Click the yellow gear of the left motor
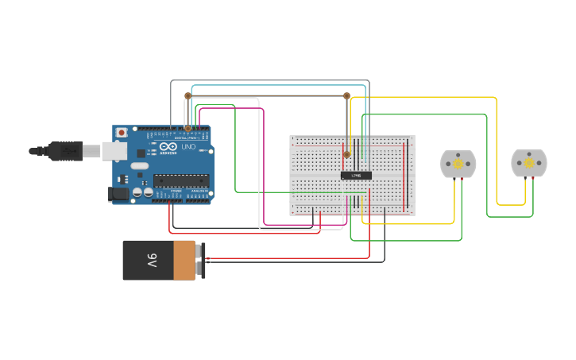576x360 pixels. [458, 163]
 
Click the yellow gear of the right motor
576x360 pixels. [529, 163]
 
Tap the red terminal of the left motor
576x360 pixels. [462, 180]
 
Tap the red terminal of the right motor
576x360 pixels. [533, 180]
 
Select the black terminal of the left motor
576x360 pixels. [454, 180]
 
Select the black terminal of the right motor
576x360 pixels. [525, 180]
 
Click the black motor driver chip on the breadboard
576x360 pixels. [356, 175]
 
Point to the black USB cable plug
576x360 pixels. [65, 150]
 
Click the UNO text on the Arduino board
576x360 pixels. [189, 148]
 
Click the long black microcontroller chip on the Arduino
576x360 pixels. [181, 180]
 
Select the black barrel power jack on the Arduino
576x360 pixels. [118, 193]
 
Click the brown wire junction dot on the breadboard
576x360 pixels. [346, 154]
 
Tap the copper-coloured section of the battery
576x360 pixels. [184, 260]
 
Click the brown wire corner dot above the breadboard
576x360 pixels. [346, 95]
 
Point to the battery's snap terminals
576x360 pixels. [201, 260]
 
